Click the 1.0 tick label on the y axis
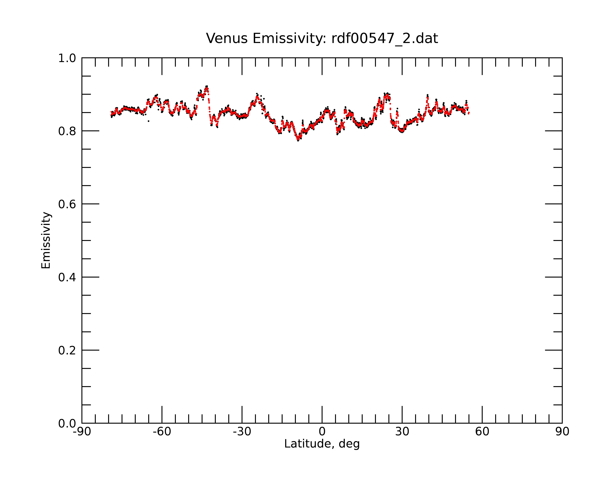coord(67,58)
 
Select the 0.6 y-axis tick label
coord(67,204)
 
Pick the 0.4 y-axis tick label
coord(67,277)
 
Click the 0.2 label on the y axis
coord(67,350)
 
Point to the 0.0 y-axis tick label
coord(67,423)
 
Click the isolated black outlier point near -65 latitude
coord(149,121)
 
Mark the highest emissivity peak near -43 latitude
coord(206,87)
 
